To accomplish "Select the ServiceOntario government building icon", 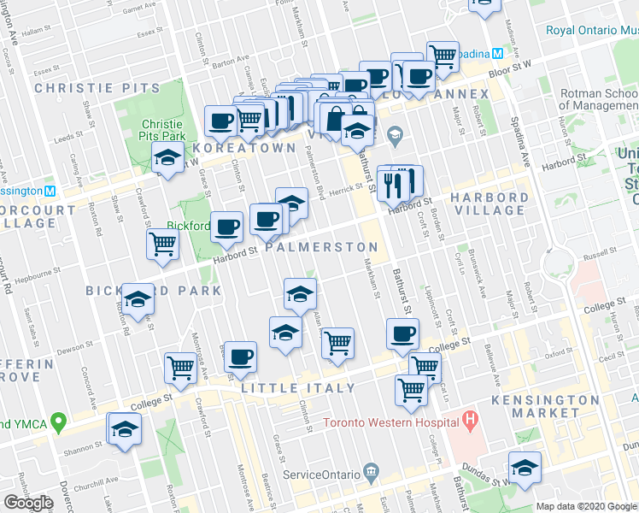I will (x=372, y=471).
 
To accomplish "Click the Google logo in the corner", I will (x=28, y=503).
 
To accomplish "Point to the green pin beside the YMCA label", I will (x=58, y=422).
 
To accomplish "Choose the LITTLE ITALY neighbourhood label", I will (x=298, y=388).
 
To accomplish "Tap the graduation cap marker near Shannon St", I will (x=125, y=428).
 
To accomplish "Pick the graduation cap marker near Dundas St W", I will (x=525, y=466).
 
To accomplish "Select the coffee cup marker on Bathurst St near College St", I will (x=402, y=333).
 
